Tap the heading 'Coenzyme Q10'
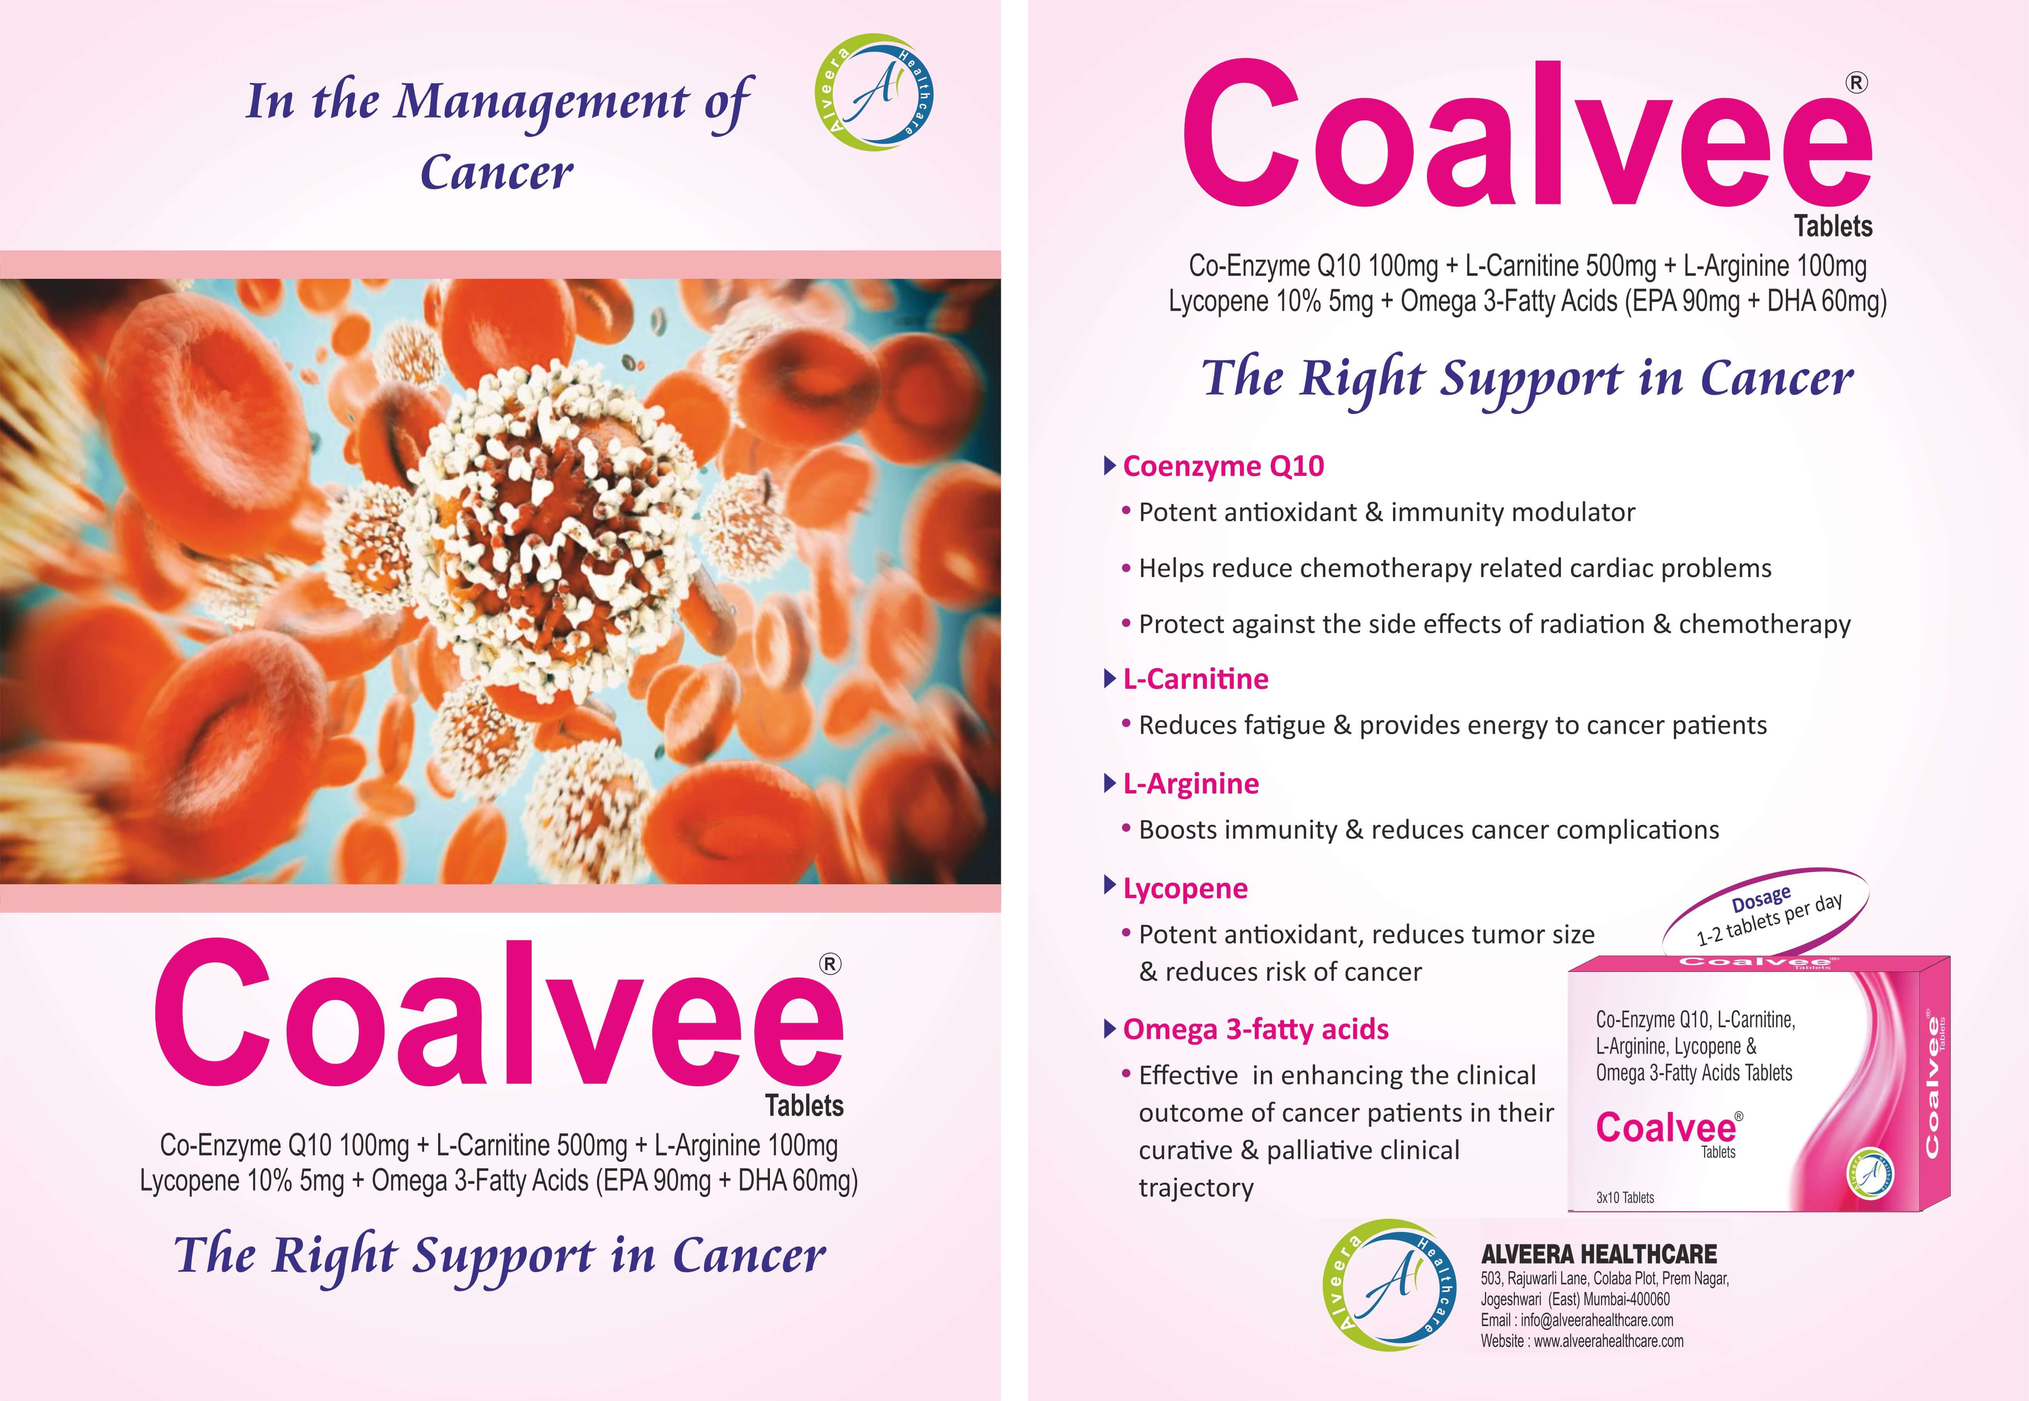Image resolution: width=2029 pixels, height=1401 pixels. coord(1223,466)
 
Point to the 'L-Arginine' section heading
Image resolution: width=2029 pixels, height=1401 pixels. coord(1191,783)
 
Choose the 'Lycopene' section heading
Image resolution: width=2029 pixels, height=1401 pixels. coord(1185,888)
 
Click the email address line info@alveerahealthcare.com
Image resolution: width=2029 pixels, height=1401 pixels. coord(1577,1320)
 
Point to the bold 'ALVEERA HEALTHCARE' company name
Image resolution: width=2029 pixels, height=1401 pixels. coord(1599,1253)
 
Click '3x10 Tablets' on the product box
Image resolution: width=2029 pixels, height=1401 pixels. coord(1625,1197)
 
